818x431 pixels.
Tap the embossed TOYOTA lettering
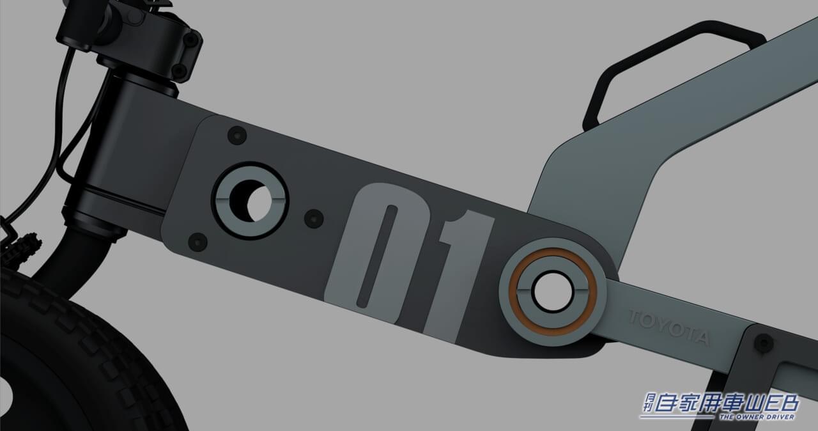pyautogui.click(x=669, y=328)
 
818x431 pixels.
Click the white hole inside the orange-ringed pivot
pyautogui.click(x=553, y=292)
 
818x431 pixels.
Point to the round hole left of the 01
pyautogui.click(x=251, y=201)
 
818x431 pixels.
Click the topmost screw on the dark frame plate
pyautogui.click(x=237, y=135)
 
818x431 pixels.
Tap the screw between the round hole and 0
pyautogui.click(x=314, y=219)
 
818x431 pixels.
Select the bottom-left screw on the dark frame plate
pyautogui.click(x=197, y=242)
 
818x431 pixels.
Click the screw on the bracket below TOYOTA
pyautogui.click(x=764, y=343)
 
